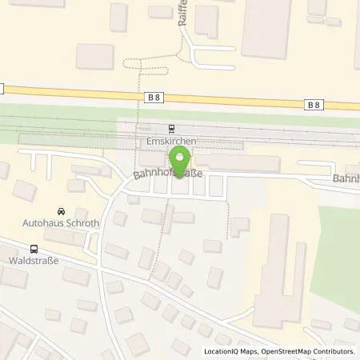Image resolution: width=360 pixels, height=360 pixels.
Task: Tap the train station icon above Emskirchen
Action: point(171,128)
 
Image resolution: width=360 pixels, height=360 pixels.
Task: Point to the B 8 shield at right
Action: point(314,103)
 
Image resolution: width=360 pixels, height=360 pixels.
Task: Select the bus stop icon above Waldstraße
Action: point(34,248)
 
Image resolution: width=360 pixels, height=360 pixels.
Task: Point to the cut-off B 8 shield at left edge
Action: point(2,88)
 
